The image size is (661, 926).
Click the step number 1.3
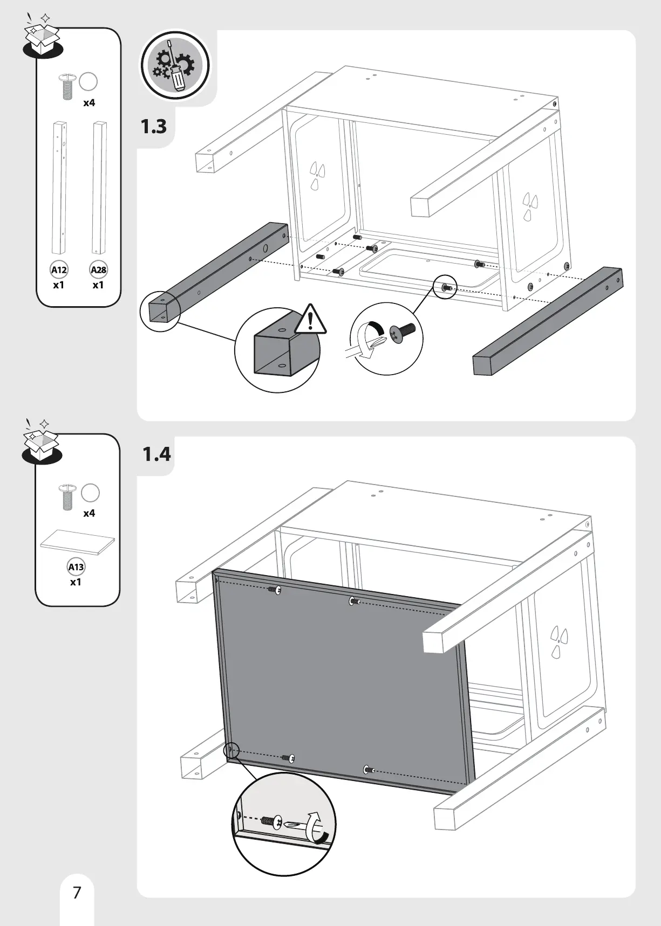tap(154, 127)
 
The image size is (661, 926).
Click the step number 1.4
tap(156, 454)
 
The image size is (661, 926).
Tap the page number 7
tap(77, 893)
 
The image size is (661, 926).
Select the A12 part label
tap(59, 269)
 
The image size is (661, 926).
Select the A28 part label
tap(98, 269)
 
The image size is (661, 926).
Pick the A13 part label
tap(76, 566)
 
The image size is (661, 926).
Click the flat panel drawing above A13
tap(78, 542)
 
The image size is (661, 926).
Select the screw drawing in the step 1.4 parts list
tap(66, 496)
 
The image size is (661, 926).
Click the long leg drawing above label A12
tap(59, 188)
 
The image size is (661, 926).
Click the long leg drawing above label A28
tap(99, 188)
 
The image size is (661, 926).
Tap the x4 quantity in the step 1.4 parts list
tap(89, 514)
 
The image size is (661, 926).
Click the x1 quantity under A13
tap(76, 582)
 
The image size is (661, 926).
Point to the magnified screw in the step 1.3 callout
tap(404, 332)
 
